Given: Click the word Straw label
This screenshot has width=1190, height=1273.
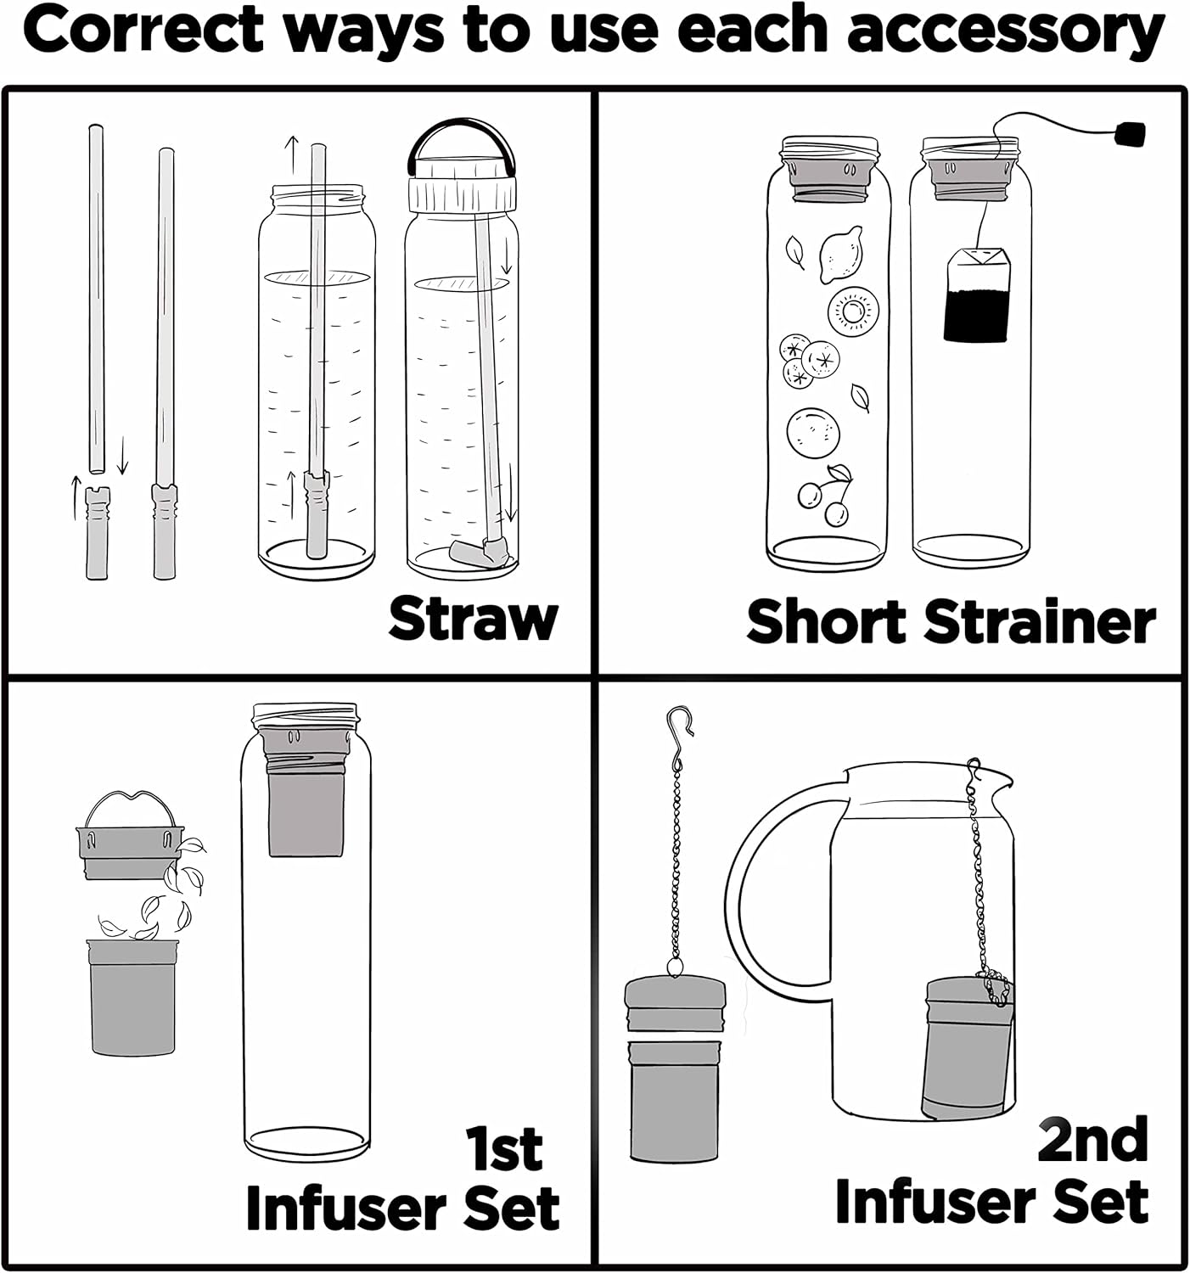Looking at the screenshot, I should click(x=473, y=619).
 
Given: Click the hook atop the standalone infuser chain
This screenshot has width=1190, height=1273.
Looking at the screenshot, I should click(x=679, y=722).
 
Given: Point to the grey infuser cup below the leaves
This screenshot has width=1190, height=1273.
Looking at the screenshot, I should click(x=132, y=997).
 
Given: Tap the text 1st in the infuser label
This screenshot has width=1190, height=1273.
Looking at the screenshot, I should click(x=504, y=1149).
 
